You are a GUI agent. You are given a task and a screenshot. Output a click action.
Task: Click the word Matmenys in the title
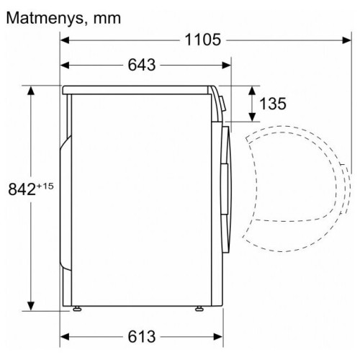[x=45, y=18]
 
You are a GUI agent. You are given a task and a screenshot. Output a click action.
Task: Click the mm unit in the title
[x=107, y=19]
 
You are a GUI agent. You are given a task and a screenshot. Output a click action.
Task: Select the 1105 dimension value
[x=203, y=40]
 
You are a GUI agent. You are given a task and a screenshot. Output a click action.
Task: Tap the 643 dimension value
[x=142, y=65]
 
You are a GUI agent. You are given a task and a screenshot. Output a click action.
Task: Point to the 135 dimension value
[x=273, y=104]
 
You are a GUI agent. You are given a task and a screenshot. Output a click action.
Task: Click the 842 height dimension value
[x=22, y=189]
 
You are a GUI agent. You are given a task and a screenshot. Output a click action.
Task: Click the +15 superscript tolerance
[x=45, y=186]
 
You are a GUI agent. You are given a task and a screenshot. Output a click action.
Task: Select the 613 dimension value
[x=142, y=337]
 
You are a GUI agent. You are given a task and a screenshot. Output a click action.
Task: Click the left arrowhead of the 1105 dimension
[x=65, y=40]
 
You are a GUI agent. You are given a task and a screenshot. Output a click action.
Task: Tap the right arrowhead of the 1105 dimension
[x=346, y=40]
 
